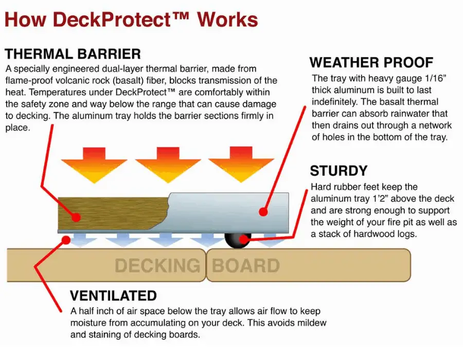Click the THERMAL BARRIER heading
(73, 55)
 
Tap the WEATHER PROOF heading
(371, 63)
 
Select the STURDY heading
(339, 171)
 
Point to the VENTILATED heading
(113, 296)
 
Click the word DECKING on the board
(157, 265)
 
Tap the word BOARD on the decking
(246, 265)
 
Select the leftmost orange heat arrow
(94, 165)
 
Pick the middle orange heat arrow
(168, 165)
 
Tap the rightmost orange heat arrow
(241, 165)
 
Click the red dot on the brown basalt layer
(76, 218)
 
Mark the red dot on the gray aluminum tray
(263, 211)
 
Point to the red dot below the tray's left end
(66, 240)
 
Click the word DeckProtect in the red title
(112, 20)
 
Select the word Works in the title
(228, 20)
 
